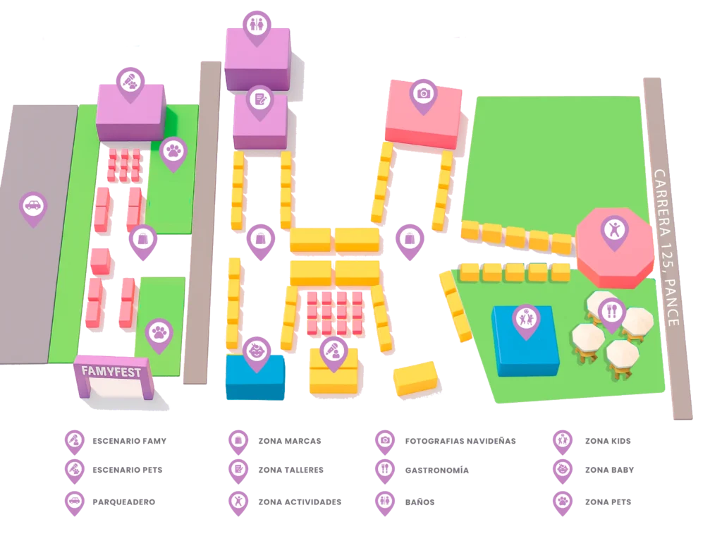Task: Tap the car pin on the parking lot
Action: coord(32,207)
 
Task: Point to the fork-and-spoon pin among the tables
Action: coord(611,310)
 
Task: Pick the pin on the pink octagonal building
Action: coord(614,230)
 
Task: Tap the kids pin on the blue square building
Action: coord(525,319)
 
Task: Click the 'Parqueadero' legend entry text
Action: coord(123,502)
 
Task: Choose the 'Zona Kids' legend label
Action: coord(606,441)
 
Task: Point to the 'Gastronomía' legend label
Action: coord(436,469)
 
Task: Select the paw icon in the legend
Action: coord(562,502)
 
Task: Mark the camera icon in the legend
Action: coord(384,440)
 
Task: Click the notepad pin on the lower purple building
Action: coord(259,100)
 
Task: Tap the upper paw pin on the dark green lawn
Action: coord(173,151)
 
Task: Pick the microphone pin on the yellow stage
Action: coord(333,351)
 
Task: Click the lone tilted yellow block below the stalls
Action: coord(415,377)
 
